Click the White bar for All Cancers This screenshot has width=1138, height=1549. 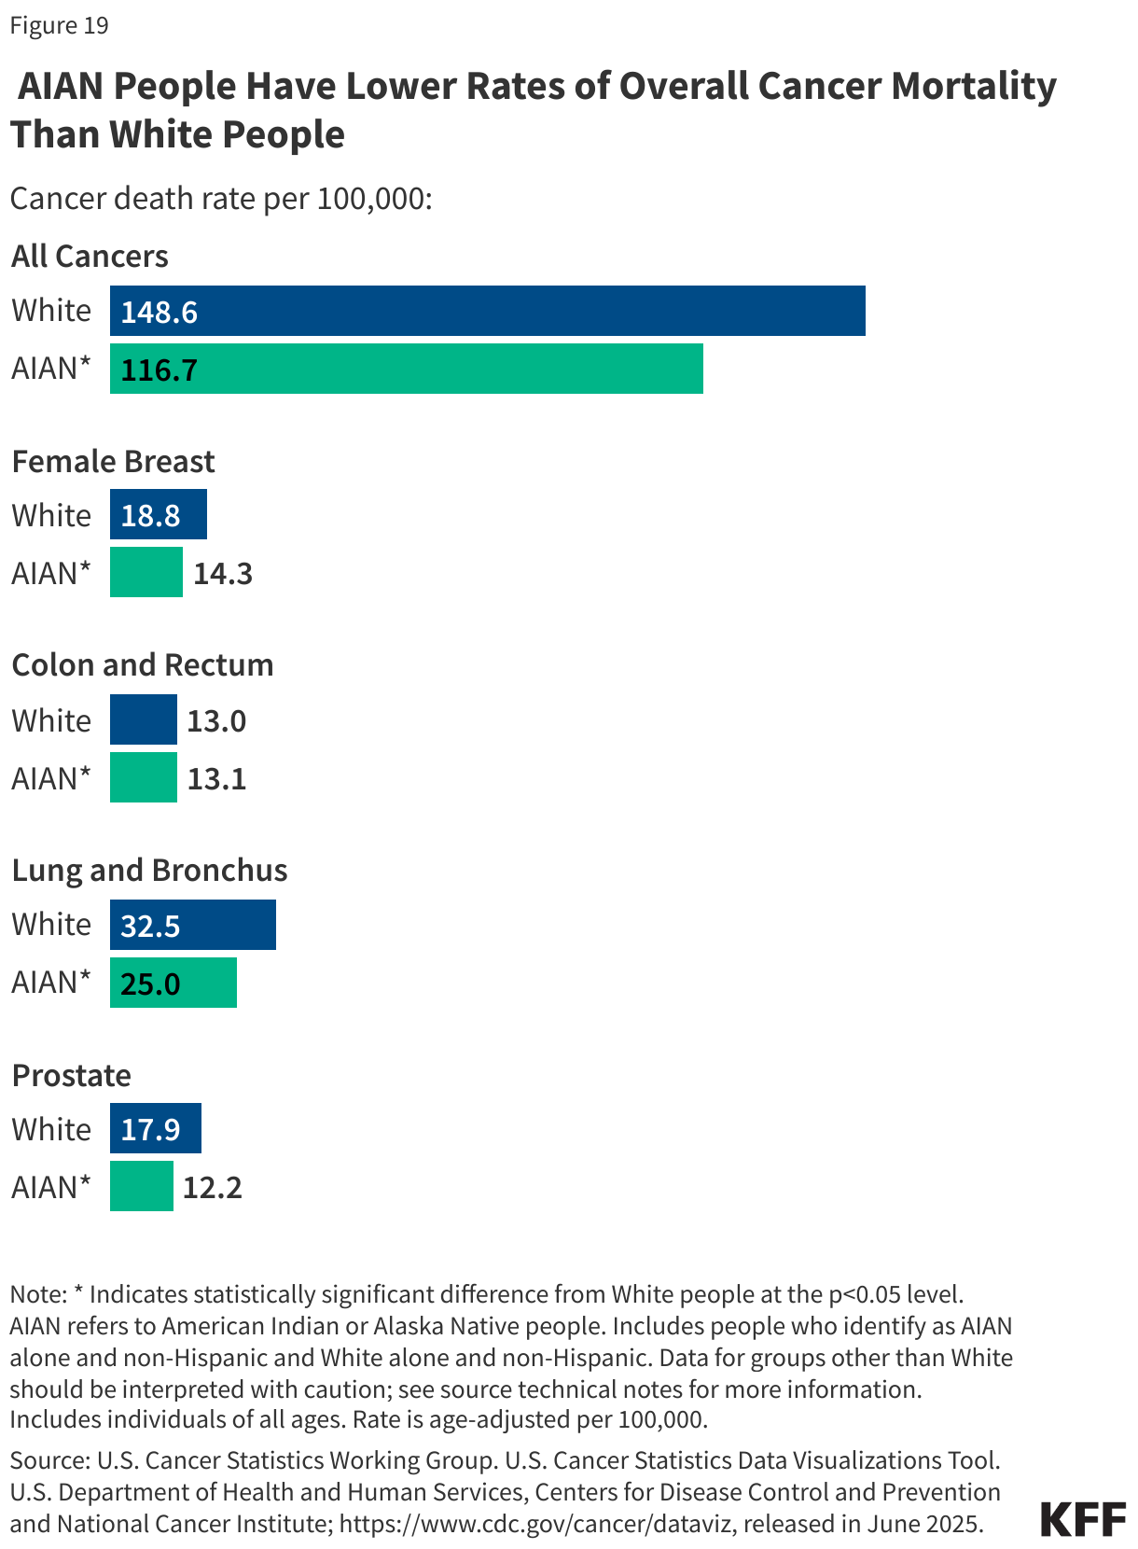(x=487, y=311)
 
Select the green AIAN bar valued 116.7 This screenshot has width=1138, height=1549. (x=406, y=369)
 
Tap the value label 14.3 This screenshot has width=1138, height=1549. (x=223, y=573)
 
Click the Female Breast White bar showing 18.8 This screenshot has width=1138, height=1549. (x=158, y=515)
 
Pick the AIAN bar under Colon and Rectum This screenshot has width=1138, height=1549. (x=143, y=777)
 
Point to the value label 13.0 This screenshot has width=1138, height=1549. (x=216, y=721)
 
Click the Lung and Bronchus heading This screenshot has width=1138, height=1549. (x=149, y=870)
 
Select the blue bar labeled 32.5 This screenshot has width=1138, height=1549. (x=192, y=925)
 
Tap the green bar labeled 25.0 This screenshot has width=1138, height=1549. (x=173, y=983)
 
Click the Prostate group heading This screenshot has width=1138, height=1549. (x=71, y=1075)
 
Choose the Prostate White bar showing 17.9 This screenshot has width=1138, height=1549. (x=155, y=1129)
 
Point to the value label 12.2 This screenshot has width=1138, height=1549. (x=213, y=1188)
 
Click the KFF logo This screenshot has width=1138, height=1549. (x=1083, y=1520)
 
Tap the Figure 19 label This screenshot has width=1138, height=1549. (x=59, y=25)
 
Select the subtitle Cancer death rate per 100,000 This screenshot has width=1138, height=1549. (x=221, y=199)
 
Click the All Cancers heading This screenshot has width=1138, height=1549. (x=90, y=256)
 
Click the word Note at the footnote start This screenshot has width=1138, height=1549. (x=37, y=1294)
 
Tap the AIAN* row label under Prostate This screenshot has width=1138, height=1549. (x=51, y=1187)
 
